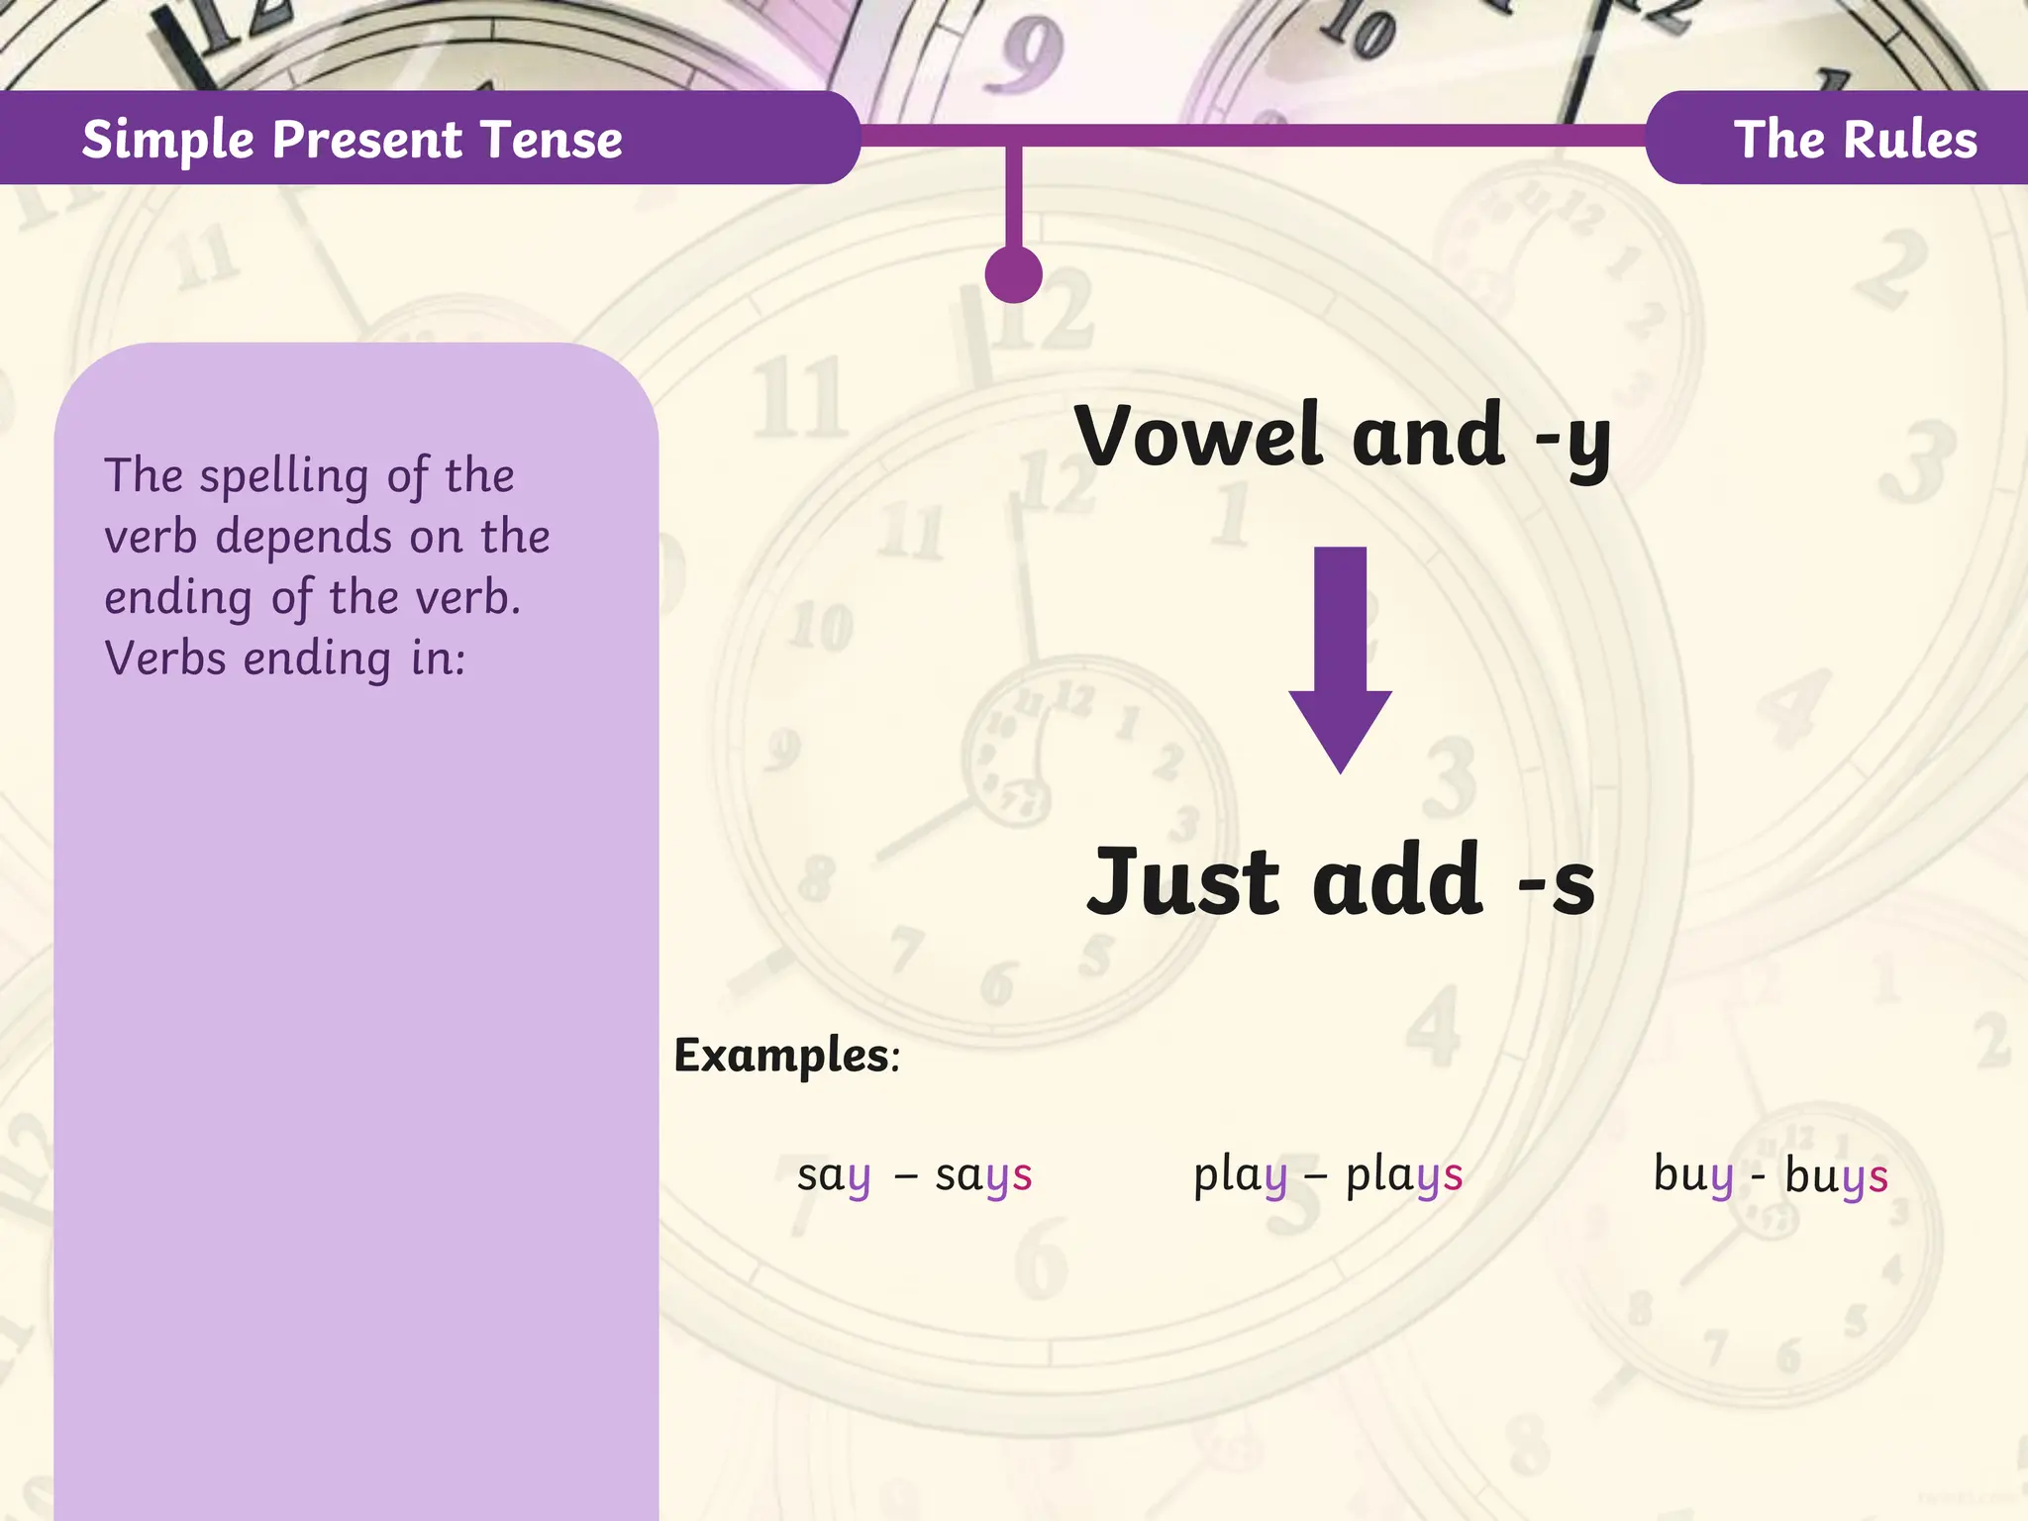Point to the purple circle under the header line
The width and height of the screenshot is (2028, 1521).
click(x=1013, y=274)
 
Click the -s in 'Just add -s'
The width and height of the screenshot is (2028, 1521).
click(x=1557, y=882)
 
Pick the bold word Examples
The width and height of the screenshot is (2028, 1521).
click(x=782, y=1056)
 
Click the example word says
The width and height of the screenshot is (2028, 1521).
click(x=983, y=1176)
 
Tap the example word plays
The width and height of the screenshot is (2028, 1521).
click(x=1404, y=1176)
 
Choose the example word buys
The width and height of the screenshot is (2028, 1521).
click(x=1836, y=1176)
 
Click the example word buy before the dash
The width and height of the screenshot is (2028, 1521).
click(x=1693, y=1176)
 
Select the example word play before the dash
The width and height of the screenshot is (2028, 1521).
click(x=1240, y=1176)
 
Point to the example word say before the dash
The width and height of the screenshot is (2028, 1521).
click(x=834, y=1176)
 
